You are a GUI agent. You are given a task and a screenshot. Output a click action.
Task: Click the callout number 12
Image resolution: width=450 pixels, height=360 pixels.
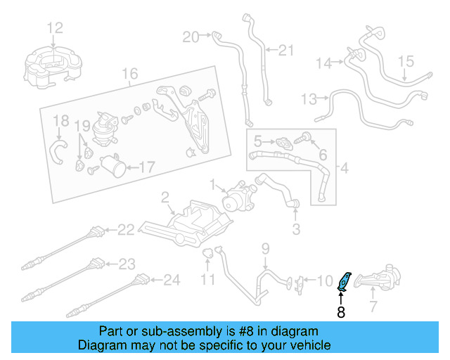55,28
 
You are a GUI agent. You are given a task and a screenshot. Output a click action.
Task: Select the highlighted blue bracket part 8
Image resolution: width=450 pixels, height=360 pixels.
345,281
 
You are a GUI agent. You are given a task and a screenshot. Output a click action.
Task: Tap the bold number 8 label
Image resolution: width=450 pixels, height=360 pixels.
341,312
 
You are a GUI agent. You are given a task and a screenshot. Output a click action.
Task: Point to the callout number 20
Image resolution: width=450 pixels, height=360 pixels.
191,36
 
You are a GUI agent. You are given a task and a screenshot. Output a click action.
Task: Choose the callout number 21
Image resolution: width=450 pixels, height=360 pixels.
285,50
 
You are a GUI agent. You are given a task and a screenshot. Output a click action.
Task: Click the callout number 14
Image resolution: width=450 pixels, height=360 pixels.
323,63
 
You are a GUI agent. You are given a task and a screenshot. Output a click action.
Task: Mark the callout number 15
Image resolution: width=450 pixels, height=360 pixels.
407,62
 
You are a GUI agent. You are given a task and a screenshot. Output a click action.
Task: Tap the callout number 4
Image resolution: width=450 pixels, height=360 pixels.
344,169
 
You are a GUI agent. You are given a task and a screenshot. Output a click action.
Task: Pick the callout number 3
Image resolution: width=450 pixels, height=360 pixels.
296,229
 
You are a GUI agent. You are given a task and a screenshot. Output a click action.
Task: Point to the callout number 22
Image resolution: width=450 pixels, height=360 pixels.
125,229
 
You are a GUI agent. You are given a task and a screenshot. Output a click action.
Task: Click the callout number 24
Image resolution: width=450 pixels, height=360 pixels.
172,280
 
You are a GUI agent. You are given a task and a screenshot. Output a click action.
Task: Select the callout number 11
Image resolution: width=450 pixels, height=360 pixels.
208,281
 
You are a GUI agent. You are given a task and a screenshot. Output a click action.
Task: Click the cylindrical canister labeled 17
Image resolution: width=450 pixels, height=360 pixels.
112,167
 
